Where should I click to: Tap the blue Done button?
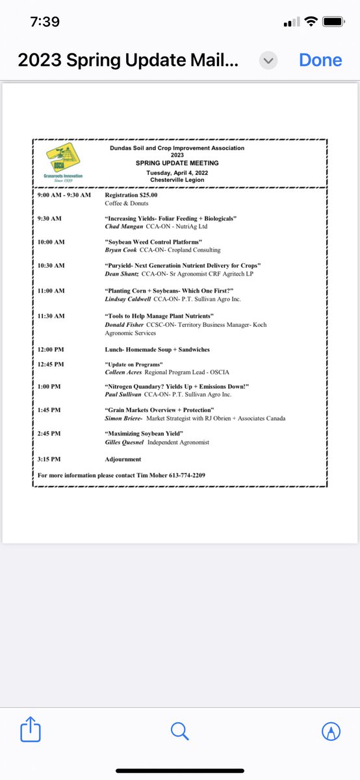click(320, 60)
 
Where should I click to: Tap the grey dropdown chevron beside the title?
click(268, 60)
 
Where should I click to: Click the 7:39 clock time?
click(45, 21)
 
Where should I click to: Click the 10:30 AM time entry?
click(51, 265)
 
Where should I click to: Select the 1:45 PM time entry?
click(49, 410)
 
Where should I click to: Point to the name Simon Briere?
click(122, 419)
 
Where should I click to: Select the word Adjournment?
click(123, 459)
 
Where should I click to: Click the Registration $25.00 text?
click(131, 194)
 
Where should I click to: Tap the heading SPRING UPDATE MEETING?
click(177, 163)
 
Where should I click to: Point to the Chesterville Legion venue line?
click(177, 180)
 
